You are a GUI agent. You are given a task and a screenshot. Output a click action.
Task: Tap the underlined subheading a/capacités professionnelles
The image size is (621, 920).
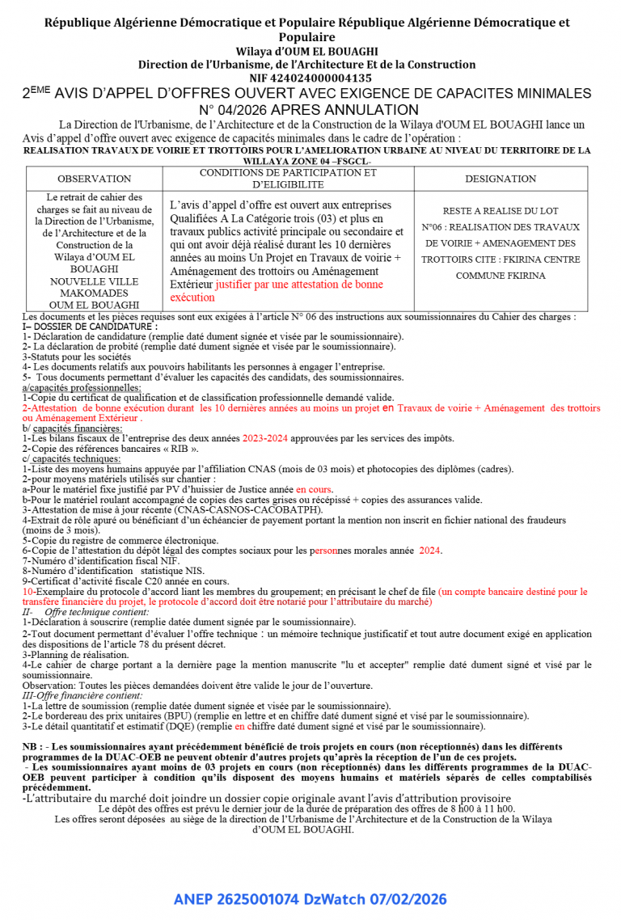click(82, 388)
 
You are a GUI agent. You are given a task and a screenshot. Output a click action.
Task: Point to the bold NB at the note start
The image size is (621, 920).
click(32, 746)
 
